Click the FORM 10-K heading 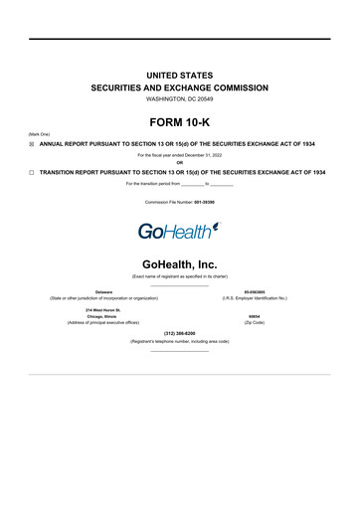(x=179, y=126)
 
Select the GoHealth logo (x=179, y=232)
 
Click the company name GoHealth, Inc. (x=179, y=263)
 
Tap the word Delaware (x=103, y=291)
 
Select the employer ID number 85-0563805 (x=256, y=291)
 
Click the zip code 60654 (x=256, y=317)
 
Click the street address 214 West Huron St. (x=103, y=309)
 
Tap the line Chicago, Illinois (x=103, y=317)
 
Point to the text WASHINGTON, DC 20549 (x=179, y=99)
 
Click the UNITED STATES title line (x=179, y=75)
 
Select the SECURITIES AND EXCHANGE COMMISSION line (x=179, y=87)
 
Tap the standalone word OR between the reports (x=179, y=163)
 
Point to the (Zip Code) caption (x=256, y=324)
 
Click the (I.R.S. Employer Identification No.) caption (x=256, y=298)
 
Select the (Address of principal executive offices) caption (x=103, y=324)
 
